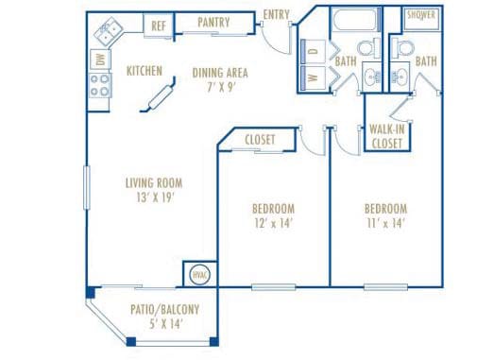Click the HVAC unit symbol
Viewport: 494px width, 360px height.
tap(198, 274)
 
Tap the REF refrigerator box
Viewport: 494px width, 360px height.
tap(159, 26)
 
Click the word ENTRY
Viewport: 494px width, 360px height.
tap(276, 14)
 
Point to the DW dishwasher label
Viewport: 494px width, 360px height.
tap(99, 60)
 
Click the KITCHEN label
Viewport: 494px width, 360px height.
tap(145, 71)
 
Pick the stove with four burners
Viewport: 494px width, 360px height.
tap(99, 87)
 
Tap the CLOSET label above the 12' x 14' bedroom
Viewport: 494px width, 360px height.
tap(259, 140)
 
